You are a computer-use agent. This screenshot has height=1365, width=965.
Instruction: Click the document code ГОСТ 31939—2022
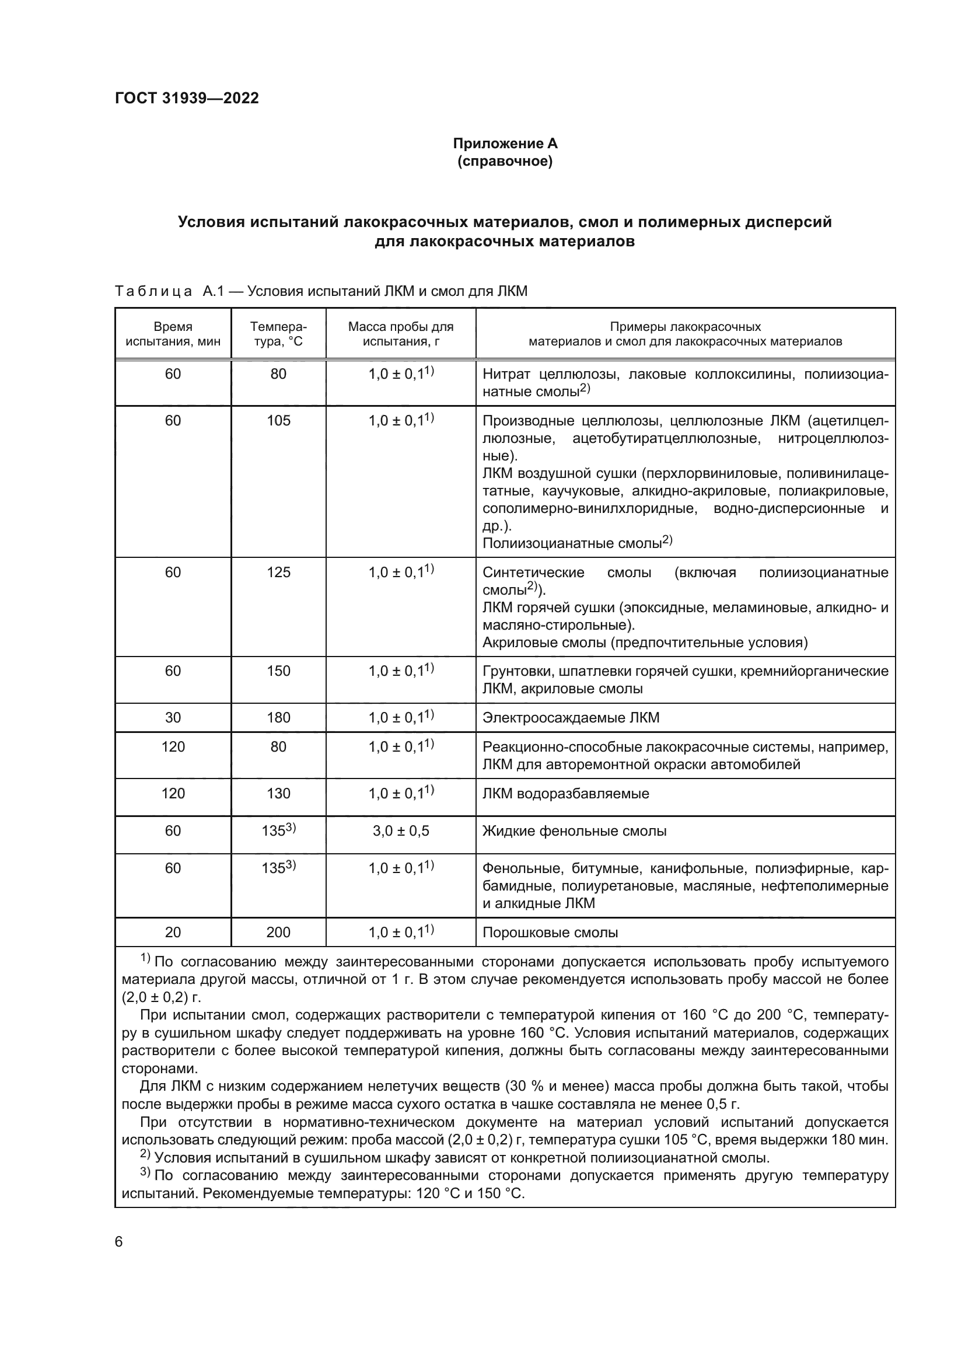point(187,98)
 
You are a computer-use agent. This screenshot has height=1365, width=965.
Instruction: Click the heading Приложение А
point(505,144)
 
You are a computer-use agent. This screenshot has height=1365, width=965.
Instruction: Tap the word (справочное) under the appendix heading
point(505,161)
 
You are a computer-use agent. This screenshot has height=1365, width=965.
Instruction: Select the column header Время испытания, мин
point(173,334)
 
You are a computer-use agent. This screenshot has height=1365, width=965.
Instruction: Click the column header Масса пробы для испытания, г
point(401,334)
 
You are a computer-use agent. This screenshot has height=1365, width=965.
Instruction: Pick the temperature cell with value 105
point(279,421)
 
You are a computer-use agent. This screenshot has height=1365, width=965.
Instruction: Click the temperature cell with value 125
point(279,572)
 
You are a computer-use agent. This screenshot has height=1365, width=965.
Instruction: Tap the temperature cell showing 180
point(279,718)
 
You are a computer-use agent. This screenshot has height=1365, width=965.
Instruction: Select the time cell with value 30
point(173,718)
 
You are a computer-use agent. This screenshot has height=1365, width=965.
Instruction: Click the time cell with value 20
point(173,932)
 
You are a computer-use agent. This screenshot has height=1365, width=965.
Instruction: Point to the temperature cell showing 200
point(279,932)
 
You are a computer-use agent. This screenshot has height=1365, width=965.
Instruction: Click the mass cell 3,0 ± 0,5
point(401,831)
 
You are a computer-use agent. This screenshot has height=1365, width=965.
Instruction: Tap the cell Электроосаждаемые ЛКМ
point(571,718)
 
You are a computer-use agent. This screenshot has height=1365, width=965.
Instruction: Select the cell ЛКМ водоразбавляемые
point(566,794)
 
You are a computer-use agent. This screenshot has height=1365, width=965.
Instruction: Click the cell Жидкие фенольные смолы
point(575,831)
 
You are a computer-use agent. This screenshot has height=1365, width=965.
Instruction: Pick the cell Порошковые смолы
point(550,933)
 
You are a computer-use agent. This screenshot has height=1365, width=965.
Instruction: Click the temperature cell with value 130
point(279,794)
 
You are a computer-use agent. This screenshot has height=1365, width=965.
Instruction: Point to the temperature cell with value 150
point(279,671)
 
